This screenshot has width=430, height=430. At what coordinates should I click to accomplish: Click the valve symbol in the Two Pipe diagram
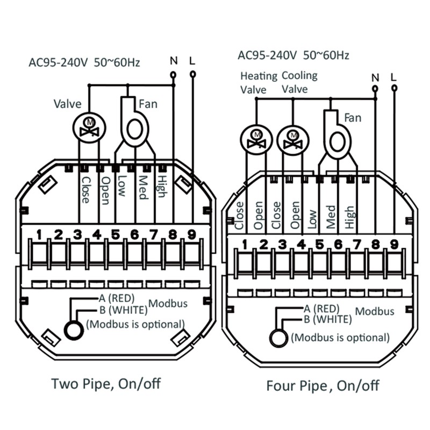click(x=89, y=128)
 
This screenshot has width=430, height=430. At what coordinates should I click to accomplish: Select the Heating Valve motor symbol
click(x=256, y=140)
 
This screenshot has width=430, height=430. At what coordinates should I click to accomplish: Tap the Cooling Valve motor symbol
click(x=293, y=140)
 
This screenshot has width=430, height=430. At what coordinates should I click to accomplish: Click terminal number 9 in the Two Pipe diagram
click(x=192, y=234)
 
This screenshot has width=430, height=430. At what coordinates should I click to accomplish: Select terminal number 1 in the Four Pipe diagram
click(x=245, y=245)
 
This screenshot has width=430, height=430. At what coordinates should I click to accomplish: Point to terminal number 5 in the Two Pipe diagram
click(x=116, y=234)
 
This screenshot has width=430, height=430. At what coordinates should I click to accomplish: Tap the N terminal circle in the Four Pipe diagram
click(x=375, y=89)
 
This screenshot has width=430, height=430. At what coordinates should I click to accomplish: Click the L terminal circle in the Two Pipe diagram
click(x=193, y=74)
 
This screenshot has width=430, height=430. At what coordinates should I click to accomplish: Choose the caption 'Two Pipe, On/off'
click(x=106, y=383)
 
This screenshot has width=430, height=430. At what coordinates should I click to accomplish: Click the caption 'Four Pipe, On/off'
click(x=323, y=385)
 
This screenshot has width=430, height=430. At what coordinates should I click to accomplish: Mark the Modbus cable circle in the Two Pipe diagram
click(x=74, y=330)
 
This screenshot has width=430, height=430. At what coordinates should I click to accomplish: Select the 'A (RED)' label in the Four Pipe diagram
click(x=321, y=309)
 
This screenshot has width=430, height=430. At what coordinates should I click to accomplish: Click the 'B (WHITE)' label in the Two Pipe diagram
click(x=124, y=310)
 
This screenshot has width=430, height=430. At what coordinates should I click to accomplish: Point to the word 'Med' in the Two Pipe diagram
click(x=142, y=187)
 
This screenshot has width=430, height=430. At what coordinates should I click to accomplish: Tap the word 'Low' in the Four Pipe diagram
click(x=312, y=219)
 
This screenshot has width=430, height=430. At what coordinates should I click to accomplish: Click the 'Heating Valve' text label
click(x=259, y=83)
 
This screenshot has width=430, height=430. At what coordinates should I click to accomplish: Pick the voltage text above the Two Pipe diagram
click(x=84, y=62)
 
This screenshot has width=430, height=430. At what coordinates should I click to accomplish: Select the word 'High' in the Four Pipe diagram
click(x=349, y=217)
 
